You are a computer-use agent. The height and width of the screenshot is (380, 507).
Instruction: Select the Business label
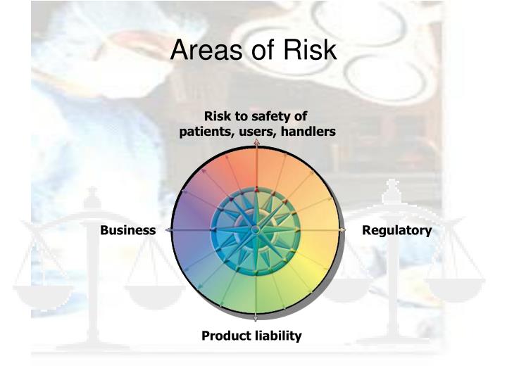tap(127, 230)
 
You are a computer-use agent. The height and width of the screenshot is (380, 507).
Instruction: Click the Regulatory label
tap(397, 230)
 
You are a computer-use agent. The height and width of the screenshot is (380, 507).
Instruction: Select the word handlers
tap(306, 132)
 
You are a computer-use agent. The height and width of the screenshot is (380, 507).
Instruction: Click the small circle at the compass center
tap(256, 229)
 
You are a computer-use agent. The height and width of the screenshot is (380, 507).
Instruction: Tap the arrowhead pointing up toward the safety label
tap(256, 143)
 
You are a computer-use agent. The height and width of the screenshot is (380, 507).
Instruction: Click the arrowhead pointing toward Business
tap(168, 230)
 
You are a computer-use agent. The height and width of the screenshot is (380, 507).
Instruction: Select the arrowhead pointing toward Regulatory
tap(344, 230)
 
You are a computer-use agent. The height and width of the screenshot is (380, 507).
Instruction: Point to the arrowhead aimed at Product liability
tap(256, 317)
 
